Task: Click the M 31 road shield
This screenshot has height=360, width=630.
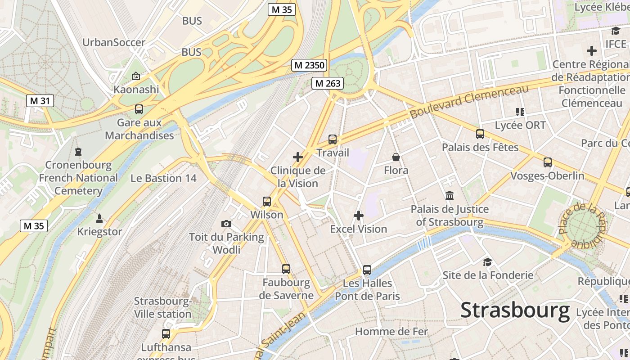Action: tap(40, 101)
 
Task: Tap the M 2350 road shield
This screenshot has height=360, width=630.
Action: tap(309, 65)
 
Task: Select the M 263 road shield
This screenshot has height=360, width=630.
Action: tap(328, 83)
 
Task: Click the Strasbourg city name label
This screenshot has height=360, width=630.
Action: tap(515, 310)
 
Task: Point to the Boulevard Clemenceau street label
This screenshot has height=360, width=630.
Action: tap(469, 102)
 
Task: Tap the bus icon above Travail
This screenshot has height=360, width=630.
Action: tap(333, 139)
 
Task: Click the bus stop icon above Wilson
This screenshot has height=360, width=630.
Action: tap(267, 201)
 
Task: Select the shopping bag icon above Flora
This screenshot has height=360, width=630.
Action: tap(396, 157)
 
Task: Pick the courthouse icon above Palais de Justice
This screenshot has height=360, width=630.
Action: tap(449, 195)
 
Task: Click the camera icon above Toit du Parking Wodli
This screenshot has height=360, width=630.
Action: tap(226, 224)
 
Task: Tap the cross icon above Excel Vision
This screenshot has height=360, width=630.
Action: tap(359, 216)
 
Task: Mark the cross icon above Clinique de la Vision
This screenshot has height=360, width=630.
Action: tap(298, 157)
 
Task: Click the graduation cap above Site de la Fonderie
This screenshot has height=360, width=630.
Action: tap(487, 262)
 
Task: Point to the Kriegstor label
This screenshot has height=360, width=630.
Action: tap(100, 232)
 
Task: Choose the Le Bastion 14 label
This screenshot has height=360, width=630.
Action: tap(163, 178)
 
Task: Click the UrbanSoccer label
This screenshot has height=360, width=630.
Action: tap(114, 43)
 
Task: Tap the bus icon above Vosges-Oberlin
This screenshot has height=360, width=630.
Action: tap(548, 162)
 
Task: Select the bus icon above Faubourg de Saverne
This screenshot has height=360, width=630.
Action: tap(286, 269)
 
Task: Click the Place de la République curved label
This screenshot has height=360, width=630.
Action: tap(583, 225)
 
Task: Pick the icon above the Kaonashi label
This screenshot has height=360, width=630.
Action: tap(136, 76)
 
